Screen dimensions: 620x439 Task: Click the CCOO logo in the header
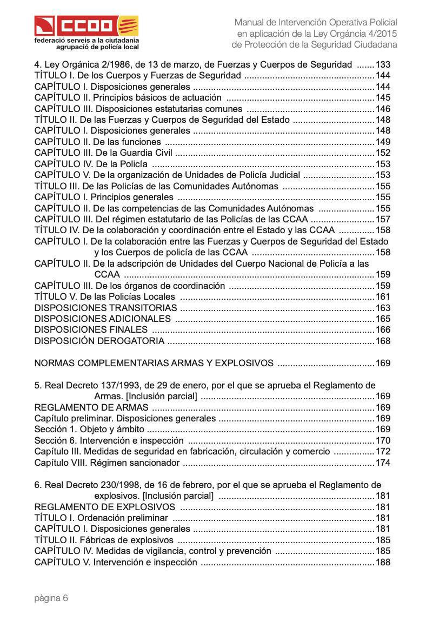click(x=87, y=25)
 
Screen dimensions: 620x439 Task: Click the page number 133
click(x=383, y=64)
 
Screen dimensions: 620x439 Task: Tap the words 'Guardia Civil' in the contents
click(x=145, y=153)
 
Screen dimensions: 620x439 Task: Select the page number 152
click(x=383, y=153)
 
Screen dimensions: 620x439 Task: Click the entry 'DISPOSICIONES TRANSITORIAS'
click(x=105, y=308)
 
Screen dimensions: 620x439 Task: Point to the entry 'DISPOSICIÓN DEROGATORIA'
click(x=99, y=341)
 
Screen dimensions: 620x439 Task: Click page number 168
click(x=383, y=341)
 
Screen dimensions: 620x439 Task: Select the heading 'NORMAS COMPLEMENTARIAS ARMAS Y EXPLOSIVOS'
click(x=154, y=364)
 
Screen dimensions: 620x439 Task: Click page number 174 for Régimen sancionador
click(x=383, y=463)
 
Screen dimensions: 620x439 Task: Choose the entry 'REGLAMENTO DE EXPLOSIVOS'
click(x=105, y=507)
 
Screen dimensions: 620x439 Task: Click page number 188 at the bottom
click(x=383, y=563)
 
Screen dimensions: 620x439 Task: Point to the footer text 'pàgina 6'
click(x=51, y=598)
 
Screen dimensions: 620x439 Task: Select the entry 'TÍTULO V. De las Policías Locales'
click(x=105, y=297)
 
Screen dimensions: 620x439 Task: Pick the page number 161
click(x=383, y=297)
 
